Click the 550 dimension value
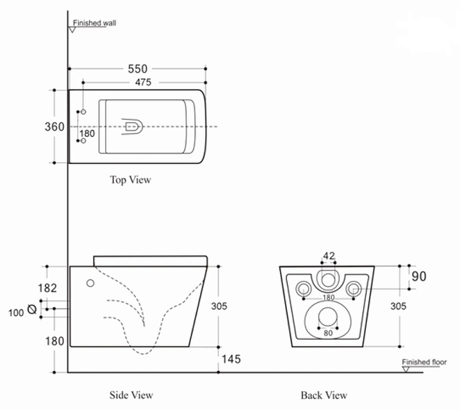[137, 69]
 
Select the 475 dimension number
[143, 82]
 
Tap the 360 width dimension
[54, 127]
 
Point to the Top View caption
[131, 179]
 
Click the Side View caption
[131, 395]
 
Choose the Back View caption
[324, 395]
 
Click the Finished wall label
[94, 23]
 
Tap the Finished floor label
[424, 362]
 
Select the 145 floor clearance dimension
[231, 359]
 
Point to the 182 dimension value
[47, 288]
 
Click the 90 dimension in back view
[419, 277]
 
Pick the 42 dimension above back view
[329, 256]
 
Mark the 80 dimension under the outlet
[328, 333]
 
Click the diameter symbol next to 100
[32, 309]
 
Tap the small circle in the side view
[90, 283]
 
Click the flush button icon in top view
[132, 127]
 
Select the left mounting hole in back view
[304, 289]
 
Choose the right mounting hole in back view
[354, 289]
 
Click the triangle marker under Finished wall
[72, 30]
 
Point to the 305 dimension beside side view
[219, 306]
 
